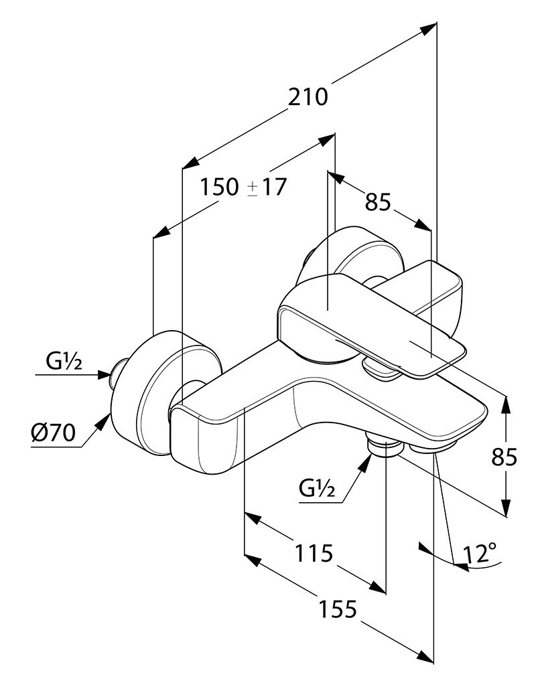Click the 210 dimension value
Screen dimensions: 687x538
click(308, 97)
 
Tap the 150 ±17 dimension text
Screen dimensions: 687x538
click(243, 187)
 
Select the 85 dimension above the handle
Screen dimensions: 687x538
click(378, 201)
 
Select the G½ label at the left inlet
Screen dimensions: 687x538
click(64, 362)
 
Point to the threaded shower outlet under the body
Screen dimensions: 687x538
click(384, 445)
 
